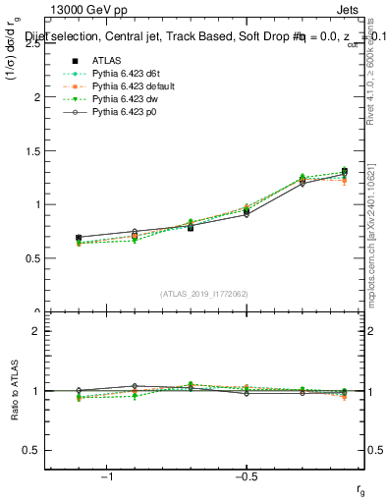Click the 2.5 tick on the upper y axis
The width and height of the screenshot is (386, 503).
tap(34, 44)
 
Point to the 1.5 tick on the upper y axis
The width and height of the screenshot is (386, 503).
tap(34, 151)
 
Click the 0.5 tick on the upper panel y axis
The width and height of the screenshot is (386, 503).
tap(34, 258)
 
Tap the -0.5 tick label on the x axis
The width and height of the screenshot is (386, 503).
tap(244, 477)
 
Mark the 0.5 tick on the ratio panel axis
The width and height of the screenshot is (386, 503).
tap(34, 450)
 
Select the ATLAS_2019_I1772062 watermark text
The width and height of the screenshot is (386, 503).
tap(204, 293)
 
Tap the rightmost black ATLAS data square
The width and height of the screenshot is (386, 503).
tap(344, 171)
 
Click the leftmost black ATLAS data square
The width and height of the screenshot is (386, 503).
tap(79, 238)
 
